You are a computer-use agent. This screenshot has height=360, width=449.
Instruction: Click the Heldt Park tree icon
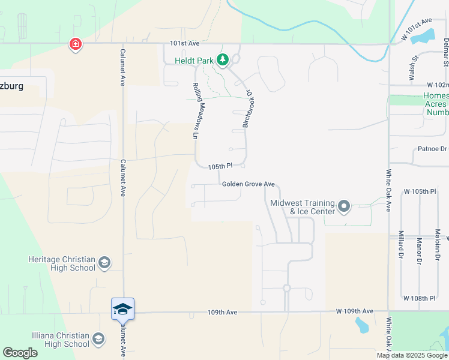pos(223,59)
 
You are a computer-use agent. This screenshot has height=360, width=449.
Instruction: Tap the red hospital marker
pos(76,44)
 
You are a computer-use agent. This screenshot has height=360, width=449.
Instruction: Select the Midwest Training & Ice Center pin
pos(344,207)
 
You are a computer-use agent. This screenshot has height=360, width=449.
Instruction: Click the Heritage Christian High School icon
pos(104,263)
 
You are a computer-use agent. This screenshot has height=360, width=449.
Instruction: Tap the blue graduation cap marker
pos(122,309)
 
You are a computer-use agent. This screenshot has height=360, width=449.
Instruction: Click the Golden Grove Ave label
pos(248,184)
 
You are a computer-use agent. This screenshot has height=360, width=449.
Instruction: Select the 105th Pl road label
pos(220,166)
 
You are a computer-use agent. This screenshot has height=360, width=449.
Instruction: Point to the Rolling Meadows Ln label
pos(196,110)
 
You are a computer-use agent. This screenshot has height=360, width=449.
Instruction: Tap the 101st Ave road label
pos(184,44)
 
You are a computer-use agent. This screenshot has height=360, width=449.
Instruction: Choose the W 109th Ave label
pos(355,311)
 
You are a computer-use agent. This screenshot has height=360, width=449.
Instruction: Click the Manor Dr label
pos(418,250)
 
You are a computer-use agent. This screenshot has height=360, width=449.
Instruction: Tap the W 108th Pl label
pos(419,298)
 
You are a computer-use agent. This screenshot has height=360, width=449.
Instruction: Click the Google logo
pos(20,353)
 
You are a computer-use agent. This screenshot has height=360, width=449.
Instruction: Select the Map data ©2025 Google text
pos(411,355)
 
